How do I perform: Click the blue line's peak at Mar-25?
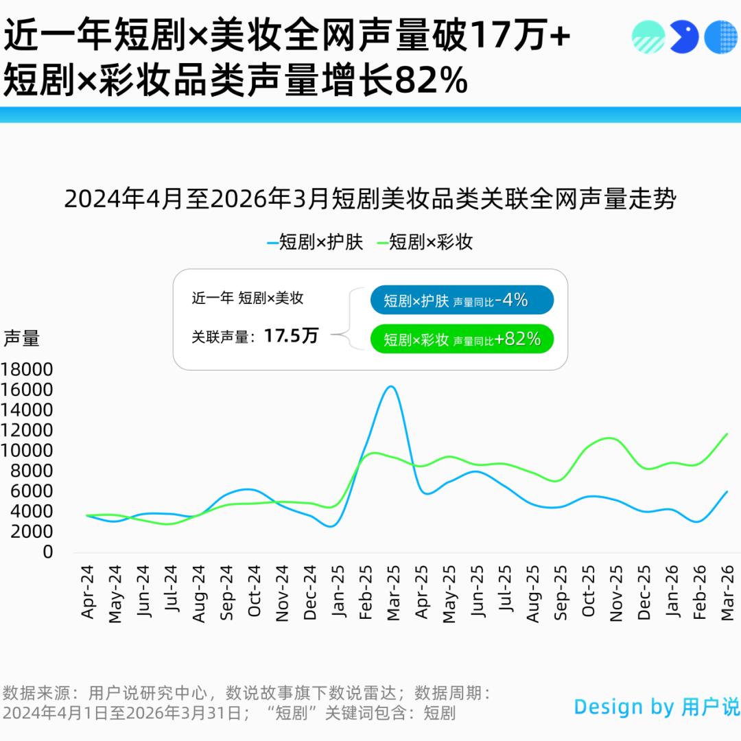point(390,386)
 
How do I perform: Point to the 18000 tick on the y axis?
point(27,370)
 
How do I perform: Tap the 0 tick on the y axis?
point(47,552)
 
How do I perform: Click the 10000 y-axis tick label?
point(27,451)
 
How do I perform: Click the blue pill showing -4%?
point(462,300)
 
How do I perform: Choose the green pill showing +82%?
point(462,339)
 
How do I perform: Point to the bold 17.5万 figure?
point(291,336)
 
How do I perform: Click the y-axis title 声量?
point(21,338)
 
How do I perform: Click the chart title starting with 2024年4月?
point(370,200)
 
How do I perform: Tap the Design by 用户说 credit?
point(657,707)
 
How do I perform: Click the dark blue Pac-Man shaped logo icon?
point(683,37)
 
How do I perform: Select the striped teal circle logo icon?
point(648,37)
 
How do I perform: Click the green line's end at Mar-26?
point(727,434)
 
